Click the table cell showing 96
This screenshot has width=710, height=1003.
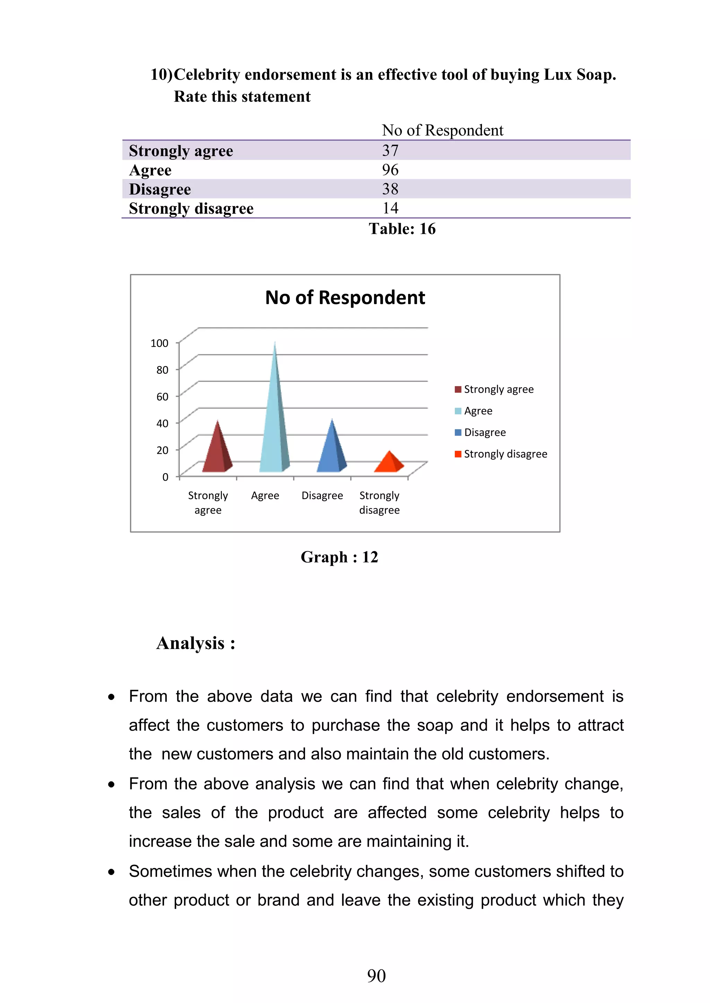390,170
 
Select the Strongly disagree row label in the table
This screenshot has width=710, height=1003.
191,208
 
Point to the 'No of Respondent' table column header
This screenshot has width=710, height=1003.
442,130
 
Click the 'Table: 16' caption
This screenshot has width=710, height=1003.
402,229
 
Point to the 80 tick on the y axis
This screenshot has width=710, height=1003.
162,370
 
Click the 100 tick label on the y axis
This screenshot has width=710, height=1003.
159,343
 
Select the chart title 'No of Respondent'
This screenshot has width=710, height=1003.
345,298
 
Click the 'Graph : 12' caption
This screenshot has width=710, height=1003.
339,557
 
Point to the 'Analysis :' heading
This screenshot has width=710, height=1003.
196,643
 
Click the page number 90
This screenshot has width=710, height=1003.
376,976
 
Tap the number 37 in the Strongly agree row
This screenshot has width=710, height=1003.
390,151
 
